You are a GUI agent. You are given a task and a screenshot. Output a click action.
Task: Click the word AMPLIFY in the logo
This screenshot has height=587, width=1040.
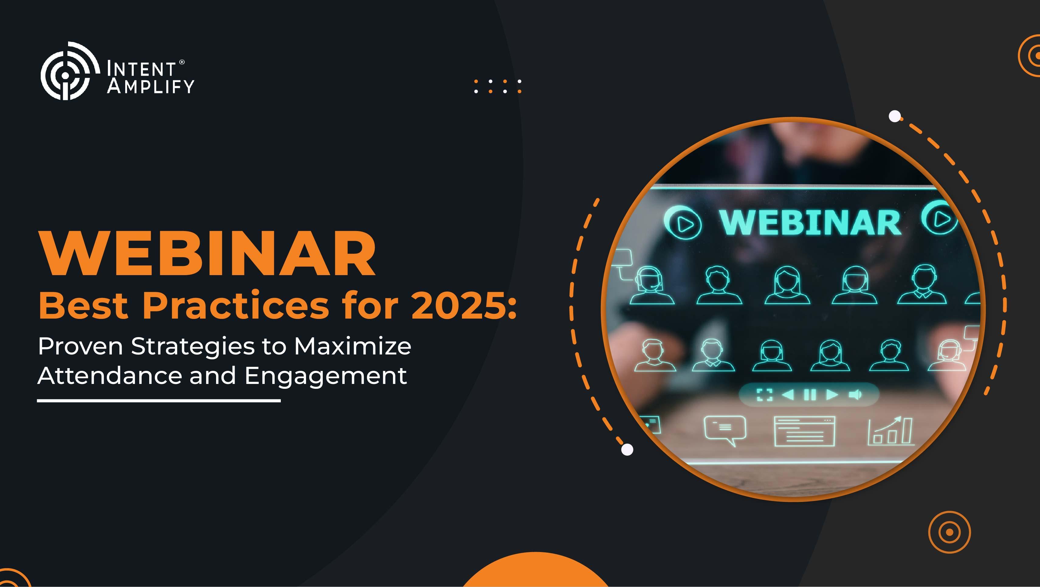[x=150, y=86]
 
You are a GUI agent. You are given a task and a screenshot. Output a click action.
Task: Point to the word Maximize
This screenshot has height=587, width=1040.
[x=353, y=346]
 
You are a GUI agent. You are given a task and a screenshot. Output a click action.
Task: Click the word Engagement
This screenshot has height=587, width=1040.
[x=325, y=377]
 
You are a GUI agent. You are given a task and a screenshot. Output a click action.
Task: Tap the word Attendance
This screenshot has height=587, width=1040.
[x=110, y=375]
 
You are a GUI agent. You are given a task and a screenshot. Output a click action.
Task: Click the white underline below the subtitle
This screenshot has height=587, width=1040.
[x=159, y=400]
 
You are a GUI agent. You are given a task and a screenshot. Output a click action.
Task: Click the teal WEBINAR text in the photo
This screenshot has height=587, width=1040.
[x=810, y=223]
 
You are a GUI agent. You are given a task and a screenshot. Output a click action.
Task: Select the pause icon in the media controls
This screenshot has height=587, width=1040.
[x=810, y=395]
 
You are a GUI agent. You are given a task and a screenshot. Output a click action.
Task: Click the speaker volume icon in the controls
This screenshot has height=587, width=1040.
[x=855, y=395]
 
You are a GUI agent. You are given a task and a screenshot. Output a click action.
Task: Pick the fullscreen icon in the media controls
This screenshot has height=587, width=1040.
[x=764, y=395]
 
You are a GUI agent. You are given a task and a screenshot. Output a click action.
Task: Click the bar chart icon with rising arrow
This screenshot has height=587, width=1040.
[x=890, y=431]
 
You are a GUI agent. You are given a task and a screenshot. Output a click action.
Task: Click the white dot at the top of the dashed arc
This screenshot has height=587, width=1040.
[x=895, y=116]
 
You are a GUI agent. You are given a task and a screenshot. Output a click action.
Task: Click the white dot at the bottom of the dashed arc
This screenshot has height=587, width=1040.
[x=627, y=449]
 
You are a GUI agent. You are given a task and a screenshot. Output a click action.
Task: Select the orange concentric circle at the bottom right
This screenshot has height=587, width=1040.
[x=949, y=532]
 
